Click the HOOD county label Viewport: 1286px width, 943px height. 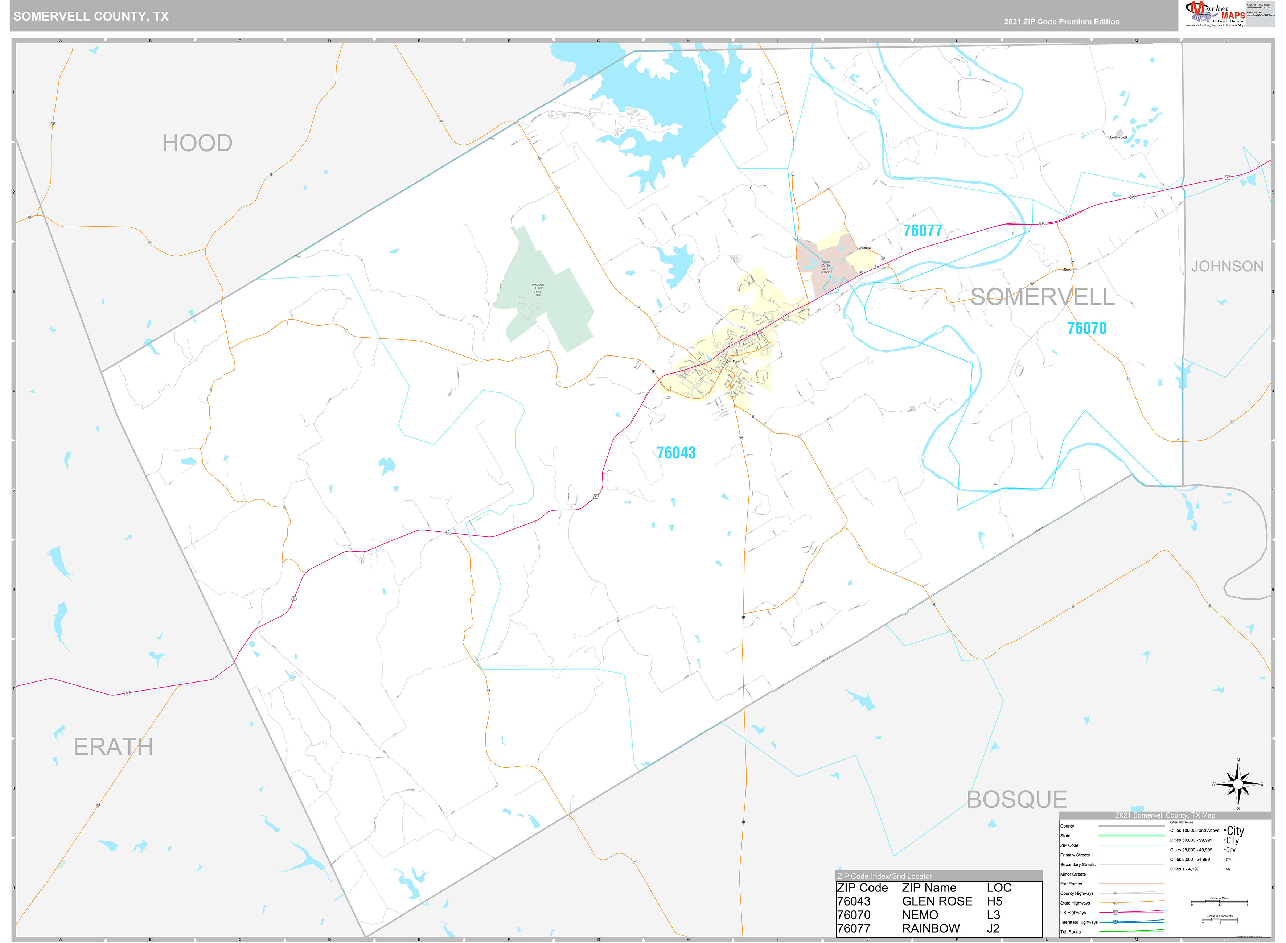click(x=197, y=143)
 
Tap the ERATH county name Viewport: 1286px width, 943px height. click(x=113, y=747)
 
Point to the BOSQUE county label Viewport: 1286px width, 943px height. click(x=1016, y=800)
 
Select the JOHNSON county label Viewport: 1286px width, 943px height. click(x=1227, y=267)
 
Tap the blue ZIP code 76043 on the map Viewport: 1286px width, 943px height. click(x=676, y=453)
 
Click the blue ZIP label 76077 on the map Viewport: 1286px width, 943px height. click(x=922, y=231)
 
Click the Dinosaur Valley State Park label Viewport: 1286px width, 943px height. click(x=538, y=290)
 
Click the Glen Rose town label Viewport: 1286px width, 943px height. click(x=732, y=361)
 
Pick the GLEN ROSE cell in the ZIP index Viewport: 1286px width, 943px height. click(x=937, y=901)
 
